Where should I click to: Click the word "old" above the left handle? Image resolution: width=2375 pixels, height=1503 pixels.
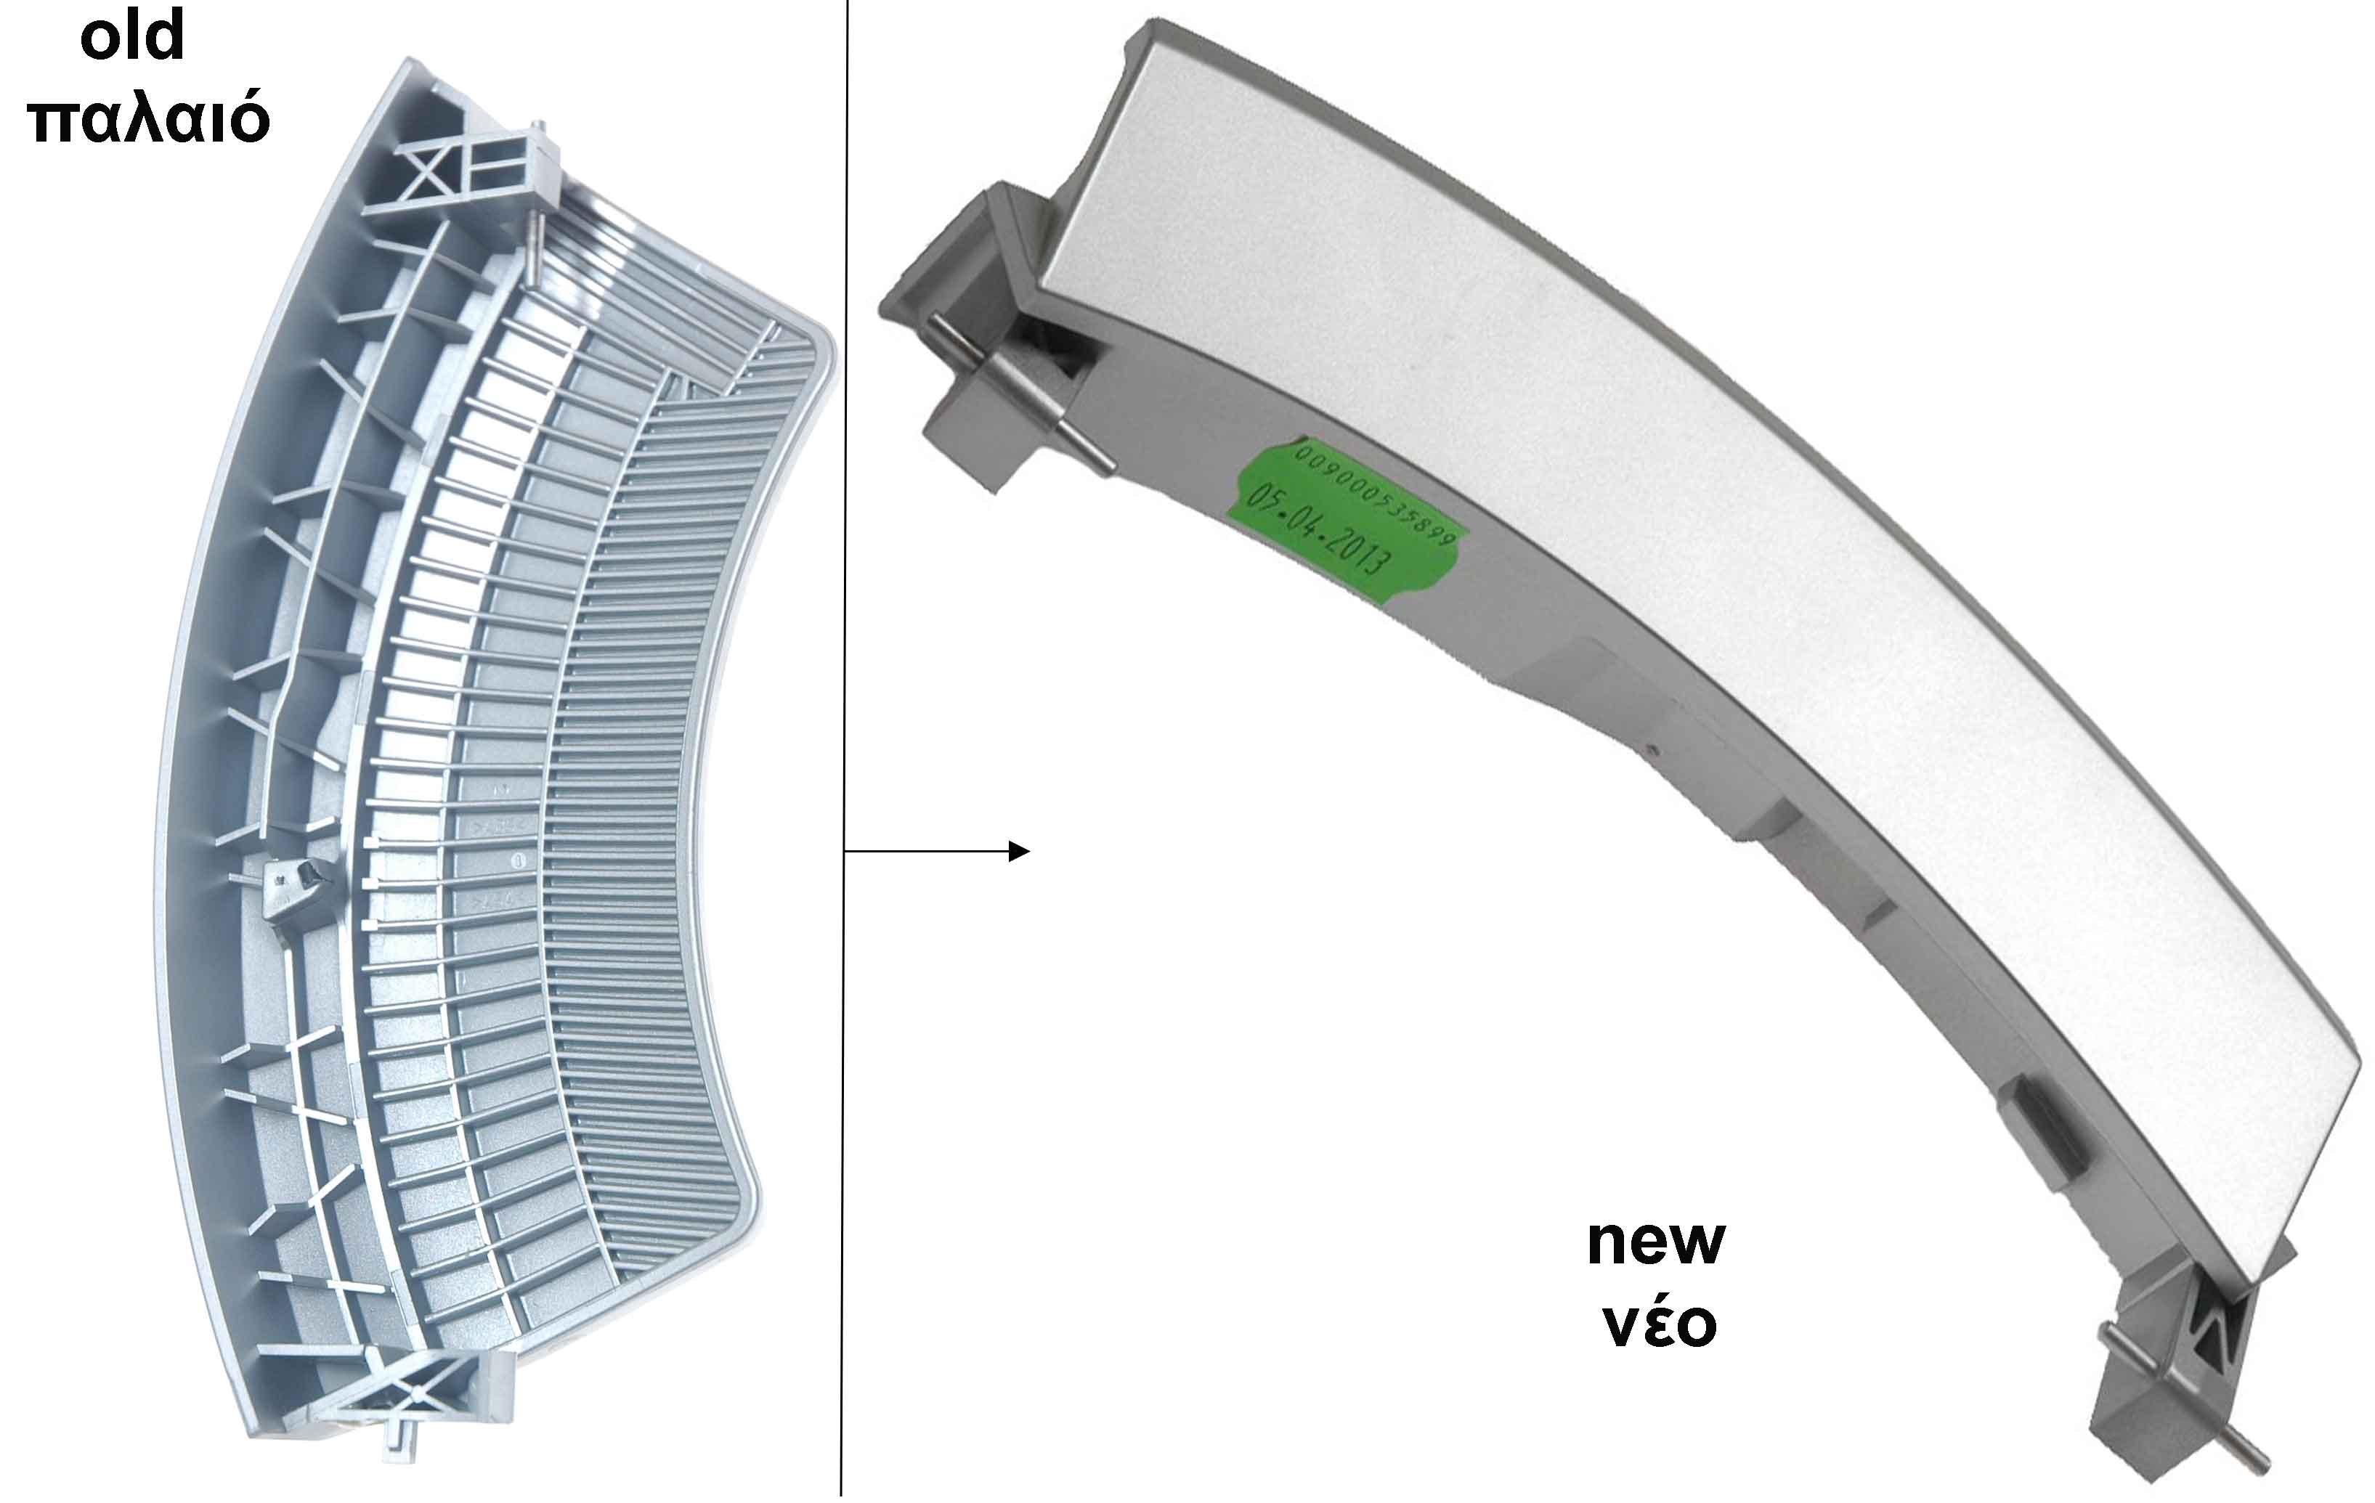132,36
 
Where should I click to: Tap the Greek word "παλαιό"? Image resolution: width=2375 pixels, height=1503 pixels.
149,118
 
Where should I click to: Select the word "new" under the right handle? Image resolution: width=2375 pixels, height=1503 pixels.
1656,1242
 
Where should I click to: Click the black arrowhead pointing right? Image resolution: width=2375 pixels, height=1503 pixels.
1020,851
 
